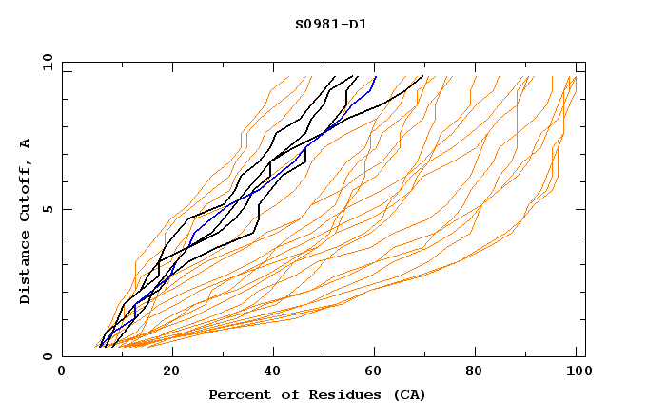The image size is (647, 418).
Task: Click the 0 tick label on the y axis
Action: (47, 357)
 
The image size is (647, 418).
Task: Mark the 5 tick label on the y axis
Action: (47, 209)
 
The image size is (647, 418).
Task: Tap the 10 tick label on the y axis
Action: (44, 62)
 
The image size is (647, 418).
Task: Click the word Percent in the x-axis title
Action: (234, 394)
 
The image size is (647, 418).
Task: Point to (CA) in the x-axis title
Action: (409, 394)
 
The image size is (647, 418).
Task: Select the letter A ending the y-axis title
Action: (26, 142)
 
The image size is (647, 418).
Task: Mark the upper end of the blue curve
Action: (376, 77)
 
